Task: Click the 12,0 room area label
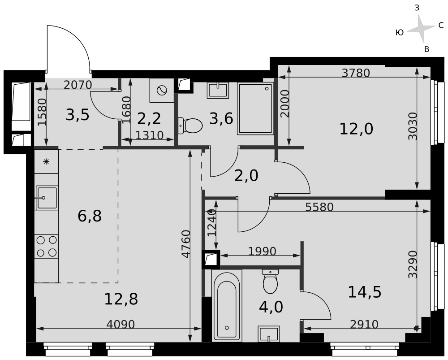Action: coord(356,129)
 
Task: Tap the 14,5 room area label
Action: coord(365,292)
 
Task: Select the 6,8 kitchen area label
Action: coord(90,216)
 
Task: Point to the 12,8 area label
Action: coord(121,299)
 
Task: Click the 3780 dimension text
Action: coord(356,73)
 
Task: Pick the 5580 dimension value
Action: coord(319,207)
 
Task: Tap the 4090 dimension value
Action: coord(120,325)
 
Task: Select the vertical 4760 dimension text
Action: coord(186,244)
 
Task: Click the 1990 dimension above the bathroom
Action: coord(262,252)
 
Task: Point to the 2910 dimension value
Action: coord(364,325)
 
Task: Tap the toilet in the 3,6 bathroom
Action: coord(190,126)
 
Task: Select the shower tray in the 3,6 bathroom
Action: coord(255,108)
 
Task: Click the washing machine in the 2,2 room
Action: coord(162,91)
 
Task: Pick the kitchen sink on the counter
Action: coord(46,198)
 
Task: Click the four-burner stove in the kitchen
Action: coord(47,247)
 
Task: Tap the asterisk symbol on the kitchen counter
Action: coord(46,162)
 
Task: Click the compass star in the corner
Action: coord(421,29)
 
